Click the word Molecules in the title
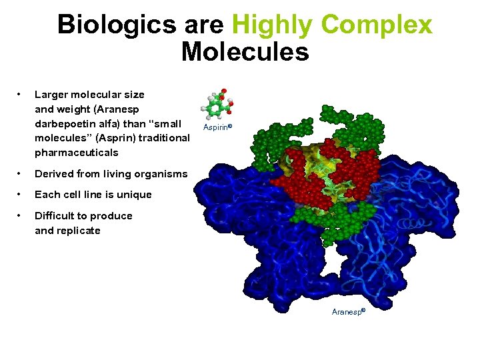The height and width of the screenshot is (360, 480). tap(245, 51)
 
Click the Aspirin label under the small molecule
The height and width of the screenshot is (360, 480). tap(213, 126)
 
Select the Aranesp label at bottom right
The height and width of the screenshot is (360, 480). tap(347, 312)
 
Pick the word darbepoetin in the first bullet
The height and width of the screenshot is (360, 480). tap(64, 124)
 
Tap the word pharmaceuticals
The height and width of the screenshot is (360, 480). tap(76, 153)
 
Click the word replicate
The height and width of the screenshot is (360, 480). tap(79, 231)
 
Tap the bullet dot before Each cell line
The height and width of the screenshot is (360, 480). tap(21, 195)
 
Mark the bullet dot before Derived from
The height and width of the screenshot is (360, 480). tap(21, 174)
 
